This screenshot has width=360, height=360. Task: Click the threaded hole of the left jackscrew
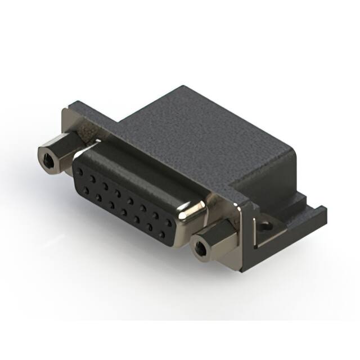(48, 161)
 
